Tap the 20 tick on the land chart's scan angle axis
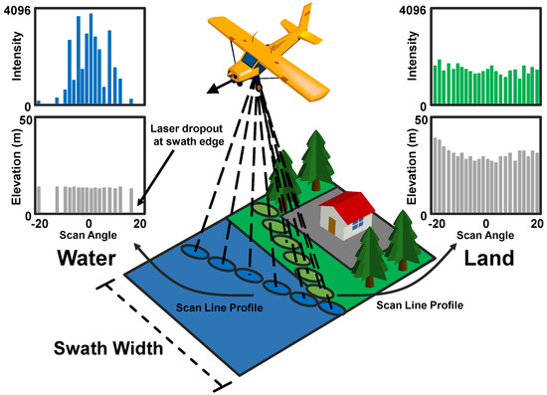pos(537,221)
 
